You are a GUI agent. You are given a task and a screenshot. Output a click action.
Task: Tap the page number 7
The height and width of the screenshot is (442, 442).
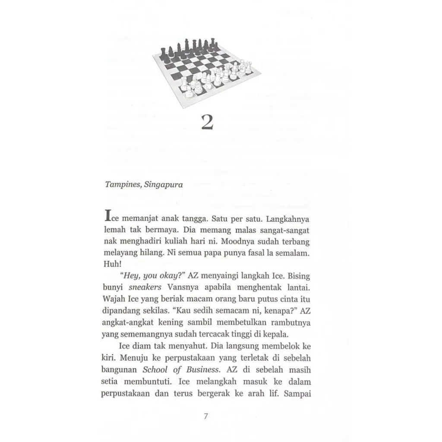click(x=205, y=417)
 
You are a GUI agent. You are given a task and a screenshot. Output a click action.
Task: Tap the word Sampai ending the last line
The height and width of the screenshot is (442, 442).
click(x=297, y=394)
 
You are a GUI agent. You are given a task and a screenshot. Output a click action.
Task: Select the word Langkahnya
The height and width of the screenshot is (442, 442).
click(x=285, y=215)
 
